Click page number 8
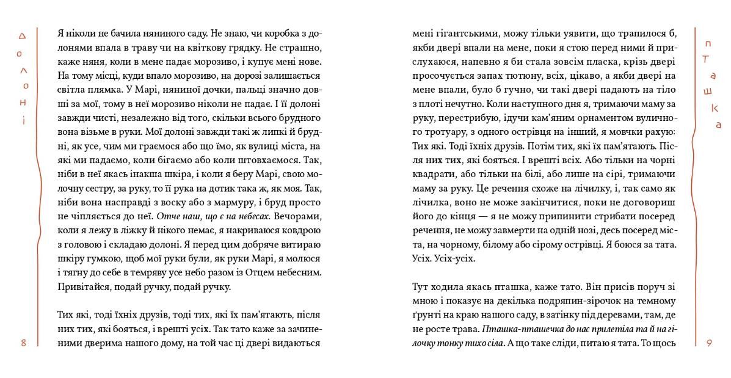(23, 343)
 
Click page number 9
(709, 343)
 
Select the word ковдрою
(299, 231)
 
